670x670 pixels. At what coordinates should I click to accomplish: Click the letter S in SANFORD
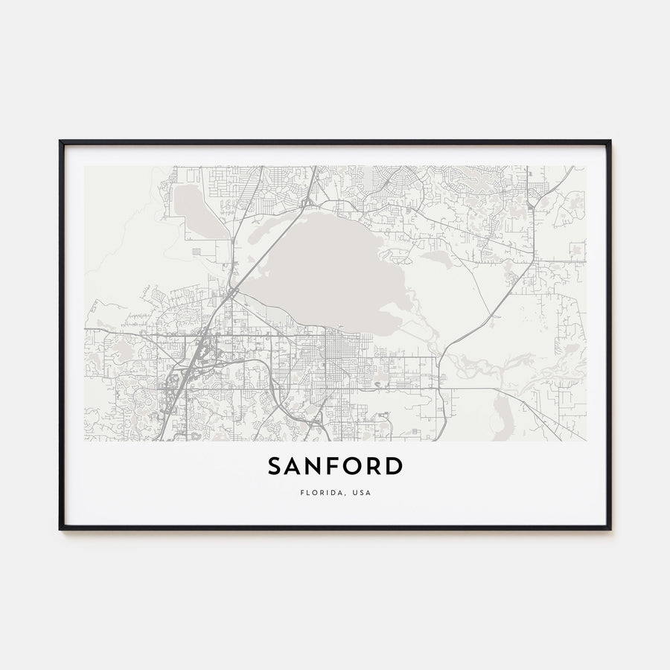point(275,466)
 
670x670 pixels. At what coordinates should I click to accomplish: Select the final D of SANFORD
point(395,466)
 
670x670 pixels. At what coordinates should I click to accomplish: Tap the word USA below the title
point(361,492)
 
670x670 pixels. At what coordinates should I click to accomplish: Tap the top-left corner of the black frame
point(60,141)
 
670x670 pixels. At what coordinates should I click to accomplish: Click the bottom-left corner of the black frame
point(60,529)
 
